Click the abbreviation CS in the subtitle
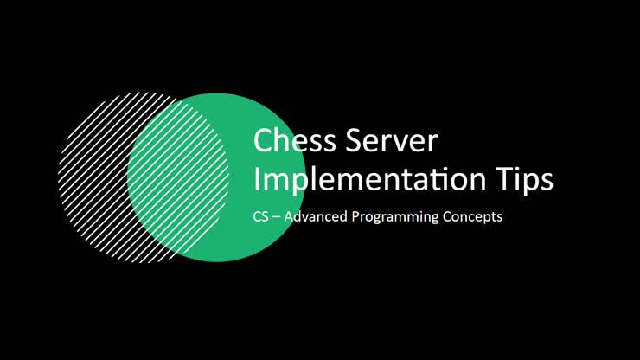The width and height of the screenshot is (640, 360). click(x=260, y=217)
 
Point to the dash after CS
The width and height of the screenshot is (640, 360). click(x=276, y=218)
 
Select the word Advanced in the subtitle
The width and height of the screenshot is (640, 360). click(x=315, y=217)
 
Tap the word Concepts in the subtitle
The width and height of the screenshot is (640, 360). click(x=470, y=217)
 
